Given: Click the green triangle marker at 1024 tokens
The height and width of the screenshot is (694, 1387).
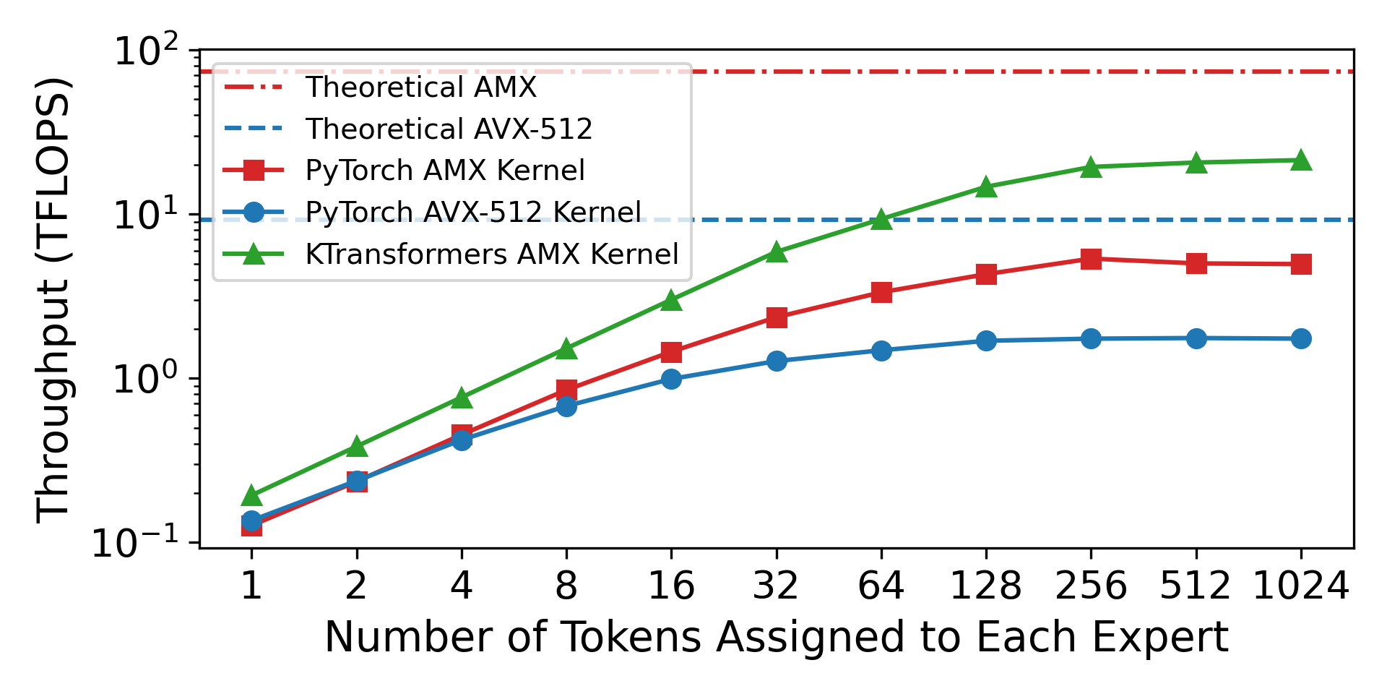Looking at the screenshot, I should click(1301, 160).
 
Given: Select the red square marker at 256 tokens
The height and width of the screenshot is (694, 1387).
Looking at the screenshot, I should click(1091, 259).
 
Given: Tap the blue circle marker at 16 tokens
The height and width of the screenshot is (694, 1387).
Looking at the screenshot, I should click(671, 379).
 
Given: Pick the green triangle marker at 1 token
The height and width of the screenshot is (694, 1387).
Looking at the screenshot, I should click(251, 496).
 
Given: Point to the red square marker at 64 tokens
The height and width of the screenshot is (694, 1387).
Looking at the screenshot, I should click(881, 293).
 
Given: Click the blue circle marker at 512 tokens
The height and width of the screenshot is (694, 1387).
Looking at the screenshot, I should click(1196, 338).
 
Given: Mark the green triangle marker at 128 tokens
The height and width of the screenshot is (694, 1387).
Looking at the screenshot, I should click(986, 187).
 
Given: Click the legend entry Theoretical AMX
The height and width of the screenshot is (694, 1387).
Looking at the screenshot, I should click(421, 87).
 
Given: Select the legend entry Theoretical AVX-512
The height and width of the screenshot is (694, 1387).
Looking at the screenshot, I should click(449, 129).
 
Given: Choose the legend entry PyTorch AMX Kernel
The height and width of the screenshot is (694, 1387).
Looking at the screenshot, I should click(445, 171).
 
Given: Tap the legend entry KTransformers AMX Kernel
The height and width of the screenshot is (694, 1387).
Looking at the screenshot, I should click(492, 254).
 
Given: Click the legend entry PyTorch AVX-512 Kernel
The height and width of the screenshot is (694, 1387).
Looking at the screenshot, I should click(473, 213).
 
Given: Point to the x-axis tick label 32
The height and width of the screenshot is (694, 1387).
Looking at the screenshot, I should click(776, 586).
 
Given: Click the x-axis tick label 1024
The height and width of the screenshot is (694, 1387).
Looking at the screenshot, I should click(1300, 586).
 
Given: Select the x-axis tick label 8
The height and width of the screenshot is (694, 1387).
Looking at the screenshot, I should click(566, 586).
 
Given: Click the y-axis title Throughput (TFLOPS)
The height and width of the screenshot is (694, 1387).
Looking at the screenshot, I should click(53, 299).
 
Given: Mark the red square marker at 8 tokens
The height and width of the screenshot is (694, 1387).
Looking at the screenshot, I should click(566, 390).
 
